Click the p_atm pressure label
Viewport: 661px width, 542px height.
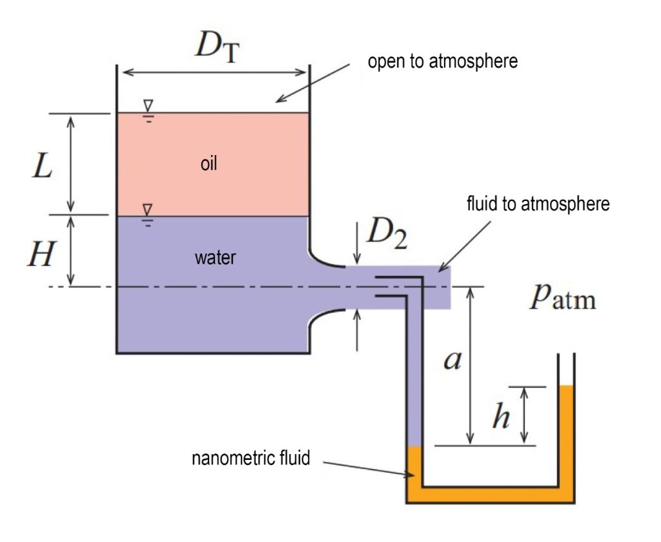(562, 300)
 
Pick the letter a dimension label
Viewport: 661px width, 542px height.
(451, 361)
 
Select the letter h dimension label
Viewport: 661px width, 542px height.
(500, 418)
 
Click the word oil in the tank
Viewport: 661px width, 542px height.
(208, 164)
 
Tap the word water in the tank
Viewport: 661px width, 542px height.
(216, 258)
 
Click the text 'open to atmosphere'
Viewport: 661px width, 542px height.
(442, 63)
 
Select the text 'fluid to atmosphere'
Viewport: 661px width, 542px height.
(538, 205)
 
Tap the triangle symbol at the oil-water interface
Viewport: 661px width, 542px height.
(148, 209)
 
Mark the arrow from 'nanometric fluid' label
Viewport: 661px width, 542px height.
(367, 468)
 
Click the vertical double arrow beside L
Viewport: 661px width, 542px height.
(71, 164)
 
